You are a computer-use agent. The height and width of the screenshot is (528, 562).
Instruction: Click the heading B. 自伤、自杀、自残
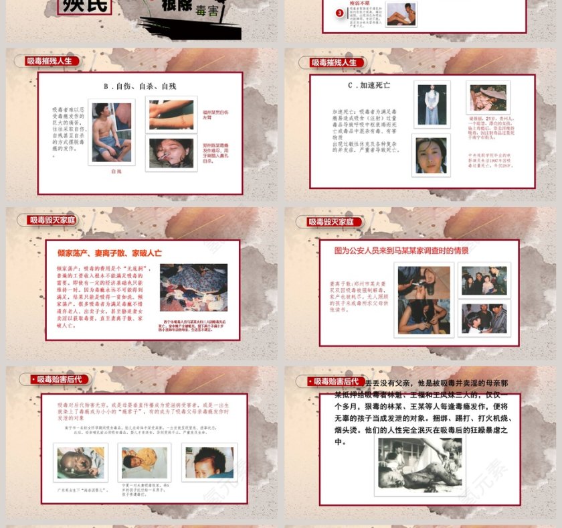[x=140, y=86]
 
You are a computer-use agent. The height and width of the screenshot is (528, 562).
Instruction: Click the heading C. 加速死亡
[x=369, y=86]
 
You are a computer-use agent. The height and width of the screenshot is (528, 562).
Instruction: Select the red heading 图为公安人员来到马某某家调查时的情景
[x=401, y=251]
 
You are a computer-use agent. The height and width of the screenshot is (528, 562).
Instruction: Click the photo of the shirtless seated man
[x=111, y=132]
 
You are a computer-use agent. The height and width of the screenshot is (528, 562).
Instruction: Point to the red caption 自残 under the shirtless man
[x=116, y=172]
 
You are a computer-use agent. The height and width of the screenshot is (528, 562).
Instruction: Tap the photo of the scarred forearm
[x=171, y=115]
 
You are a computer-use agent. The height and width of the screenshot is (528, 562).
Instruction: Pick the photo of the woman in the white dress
[x=432, y=105]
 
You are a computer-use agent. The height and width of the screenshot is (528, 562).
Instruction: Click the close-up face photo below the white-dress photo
[x=432, y=156]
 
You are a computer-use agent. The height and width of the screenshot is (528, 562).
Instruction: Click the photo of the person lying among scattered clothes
[x=193, y=287]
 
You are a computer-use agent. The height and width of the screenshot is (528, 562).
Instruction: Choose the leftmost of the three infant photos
[x=80, y=462]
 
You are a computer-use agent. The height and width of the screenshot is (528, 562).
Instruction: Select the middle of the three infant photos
[x=145, y=462]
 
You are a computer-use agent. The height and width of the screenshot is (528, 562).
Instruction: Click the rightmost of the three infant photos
[x=209, y=462]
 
